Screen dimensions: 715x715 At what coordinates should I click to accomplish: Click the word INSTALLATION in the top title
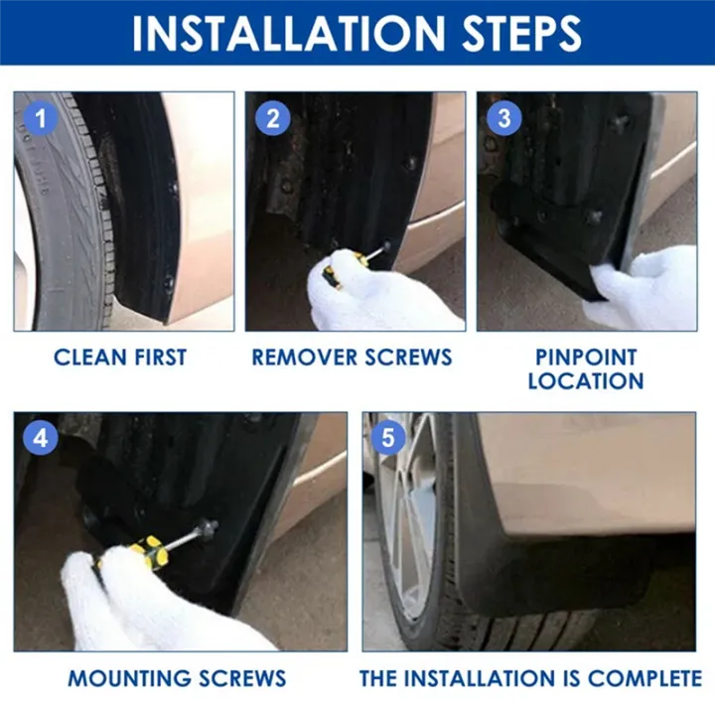tap(281, 33)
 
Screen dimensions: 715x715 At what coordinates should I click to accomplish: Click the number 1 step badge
tap(41, 120)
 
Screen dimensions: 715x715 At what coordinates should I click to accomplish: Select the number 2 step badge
tap(274, 120)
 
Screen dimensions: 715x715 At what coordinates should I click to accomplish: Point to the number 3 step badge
tap(504, 120)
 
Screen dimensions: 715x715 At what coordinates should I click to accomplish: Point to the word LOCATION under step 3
tap(586, 381)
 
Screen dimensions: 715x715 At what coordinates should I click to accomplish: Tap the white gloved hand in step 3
tap(645, 288)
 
